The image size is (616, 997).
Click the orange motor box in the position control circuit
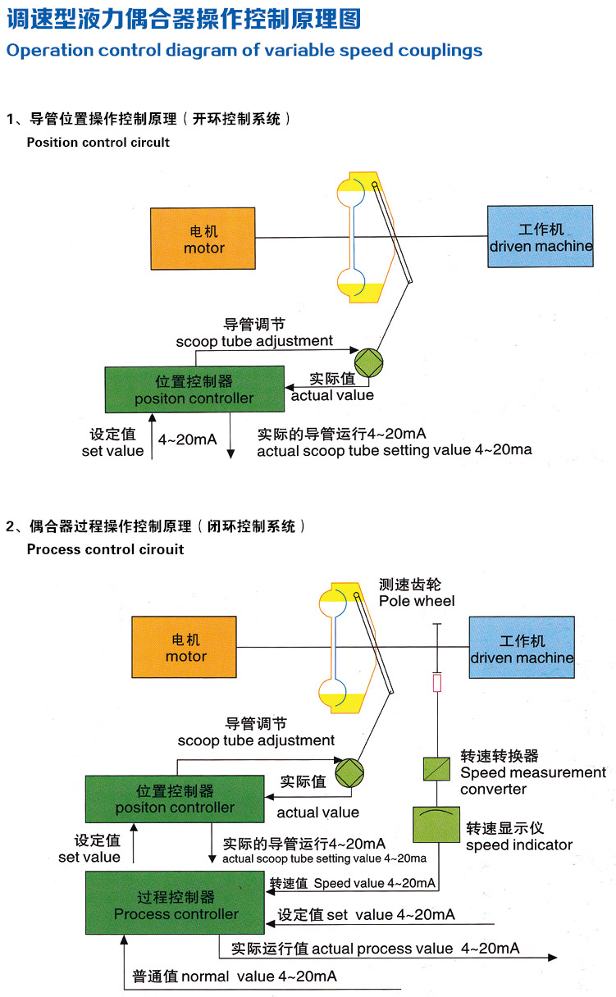click(203, 239)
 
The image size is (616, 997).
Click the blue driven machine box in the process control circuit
click(522, 648)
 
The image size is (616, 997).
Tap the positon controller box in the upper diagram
click(194, 389)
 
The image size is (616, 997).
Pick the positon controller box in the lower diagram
click(175, 799)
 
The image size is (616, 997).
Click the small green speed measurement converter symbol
click(436, 769)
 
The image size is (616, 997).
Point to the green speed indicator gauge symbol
click(436, 824)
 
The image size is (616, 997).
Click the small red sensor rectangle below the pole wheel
click(437, 683)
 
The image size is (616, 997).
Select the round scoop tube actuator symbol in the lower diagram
click(349, 772)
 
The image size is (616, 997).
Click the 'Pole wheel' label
click(417, 601)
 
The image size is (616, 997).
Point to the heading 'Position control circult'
click(98, 142)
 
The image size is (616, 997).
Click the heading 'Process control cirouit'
click(105, 549)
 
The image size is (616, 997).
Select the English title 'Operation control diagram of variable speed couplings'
click(244, 51)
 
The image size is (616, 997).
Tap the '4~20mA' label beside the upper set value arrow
click(188, 440)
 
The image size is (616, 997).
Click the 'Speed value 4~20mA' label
click(374, 884)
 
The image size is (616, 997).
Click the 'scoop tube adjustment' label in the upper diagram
click(254, 341)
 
